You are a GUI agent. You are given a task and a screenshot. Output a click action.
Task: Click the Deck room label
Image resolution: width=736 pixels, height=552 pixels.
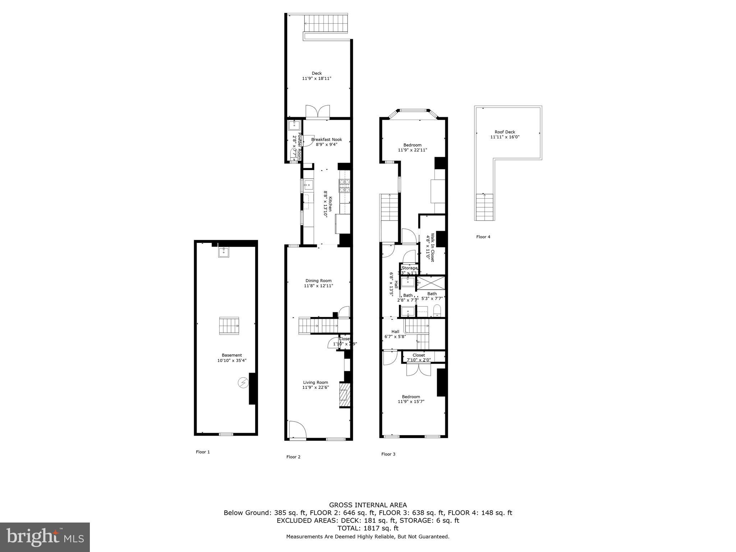coord(317,73)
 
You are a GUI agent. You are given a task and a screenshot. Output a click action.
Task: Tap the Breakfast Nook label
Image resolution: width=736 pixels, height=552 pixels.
coord(326,139)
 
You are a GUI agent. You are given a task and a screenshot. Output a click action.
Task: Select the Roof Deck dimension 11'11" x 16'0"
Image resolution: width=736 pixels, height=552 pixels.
coord(505,137)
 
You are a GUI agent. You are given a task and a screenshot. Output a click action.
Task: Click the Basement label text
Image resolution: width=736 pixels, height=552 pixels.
coord(232,355)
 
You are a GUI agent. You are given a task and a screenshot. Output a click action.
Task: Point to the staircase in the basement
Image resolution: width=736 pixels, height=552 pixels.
coord(229,326)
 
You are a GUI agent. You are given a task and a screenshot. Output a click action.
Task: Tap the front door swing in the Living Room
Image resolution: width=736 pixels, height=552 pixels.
coord(297,429)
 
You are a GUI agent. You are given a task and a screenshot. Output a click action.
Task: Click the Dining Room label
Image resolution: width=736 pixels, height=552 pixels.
coord(318,281)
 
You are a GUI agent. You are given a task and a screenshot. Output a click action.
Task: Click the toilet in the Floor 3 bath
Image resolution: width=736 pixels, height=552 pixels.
coord(437,310)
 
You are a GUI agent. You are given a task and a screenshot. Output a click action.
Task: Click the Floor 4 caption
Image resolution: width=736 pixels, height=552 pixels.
coord(483,237)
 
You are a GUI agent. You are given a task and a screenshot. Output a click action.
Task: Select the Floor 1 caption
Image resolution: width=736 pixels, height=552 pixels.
coord(203,452)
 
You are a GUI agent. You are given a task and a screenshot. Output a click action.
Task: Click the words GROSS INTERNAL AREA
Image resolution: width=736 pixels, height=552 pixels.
coord(368,505)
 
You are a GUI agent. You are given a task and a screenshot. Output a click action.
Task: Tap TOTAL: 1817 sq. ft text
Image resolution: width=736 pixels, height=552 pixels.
coord(368,528)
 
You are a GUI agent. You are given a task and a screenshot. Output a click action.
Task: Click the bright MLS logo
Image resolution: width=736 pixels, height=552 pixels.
coord(45,537)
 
